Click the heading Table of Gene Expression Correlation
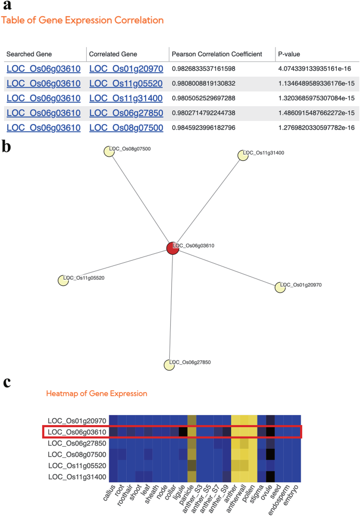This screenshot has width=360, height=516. (83, 20)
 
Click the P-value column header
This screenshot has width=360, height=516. (289, 54)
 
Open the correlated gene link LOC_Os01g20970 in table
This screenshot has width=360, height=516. (126, 69)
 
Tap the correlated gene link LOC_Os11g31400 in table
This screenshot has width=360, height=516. (126, 98)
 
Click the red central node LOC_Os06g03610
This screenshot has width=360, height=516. (172, 248)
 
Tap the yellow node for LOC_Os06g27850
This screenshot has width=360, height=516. (169, 364)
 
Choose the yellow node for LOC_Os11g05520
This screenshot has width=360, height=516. (63, 280)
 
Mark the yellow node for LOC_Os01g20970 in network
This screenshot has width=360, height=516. (280, 287)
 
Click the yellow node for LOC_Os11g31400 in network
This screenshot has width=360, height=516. (243, 154)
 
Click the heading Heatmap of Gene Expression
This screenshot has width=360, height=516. (97, 393)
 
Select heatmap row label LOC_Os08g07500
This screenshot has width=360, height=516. (77, 454)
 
